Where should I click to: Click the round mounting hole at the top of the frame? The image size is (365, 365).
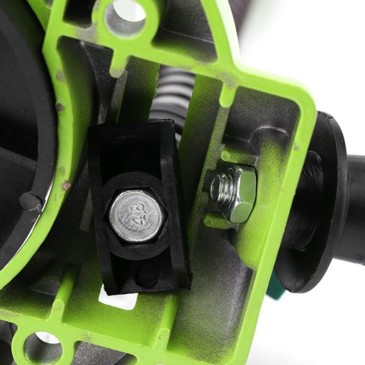point(125,18)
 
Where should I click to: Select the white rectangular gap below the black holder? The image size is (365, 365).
point(118,300)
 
